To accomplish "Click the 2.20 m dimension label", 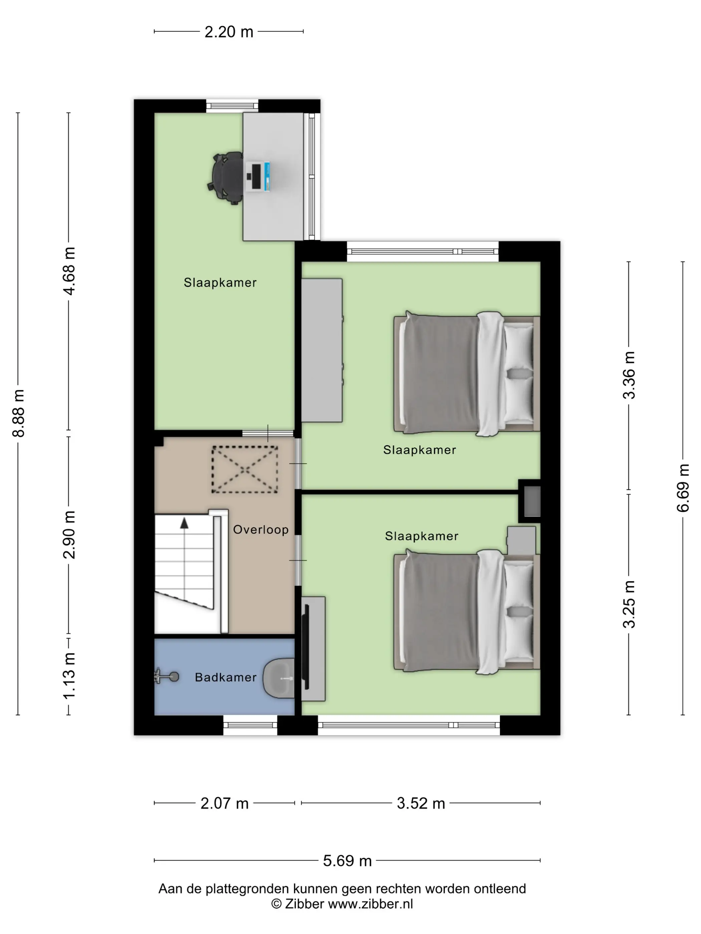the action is (x=229, y=32).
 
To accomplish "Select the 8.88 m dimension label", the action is (x=19, y=413).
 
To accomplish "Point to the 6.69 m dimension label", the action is (x=683, y=488).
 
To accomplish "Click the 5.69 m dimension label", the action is (x=347, y=861).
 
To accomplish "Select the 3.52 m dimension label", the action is (x=421, y=803).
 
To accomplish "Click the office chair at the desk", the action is (x=226, y=178).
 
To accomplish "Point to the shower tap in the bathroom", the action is (x=167, y=677).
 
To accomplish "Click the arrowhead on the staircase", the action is (x=184, y=523).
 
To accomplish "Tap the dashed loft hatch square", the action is (x=245, y=470).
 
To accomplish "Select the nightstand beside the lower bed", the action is (x=521, y=540).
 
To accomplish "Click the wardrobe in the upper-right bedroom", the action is (x=321, y=350).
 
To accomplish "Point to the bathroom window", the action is (x=250, y=725).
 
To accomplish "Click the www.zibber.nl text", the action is (x=371, y=904).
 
